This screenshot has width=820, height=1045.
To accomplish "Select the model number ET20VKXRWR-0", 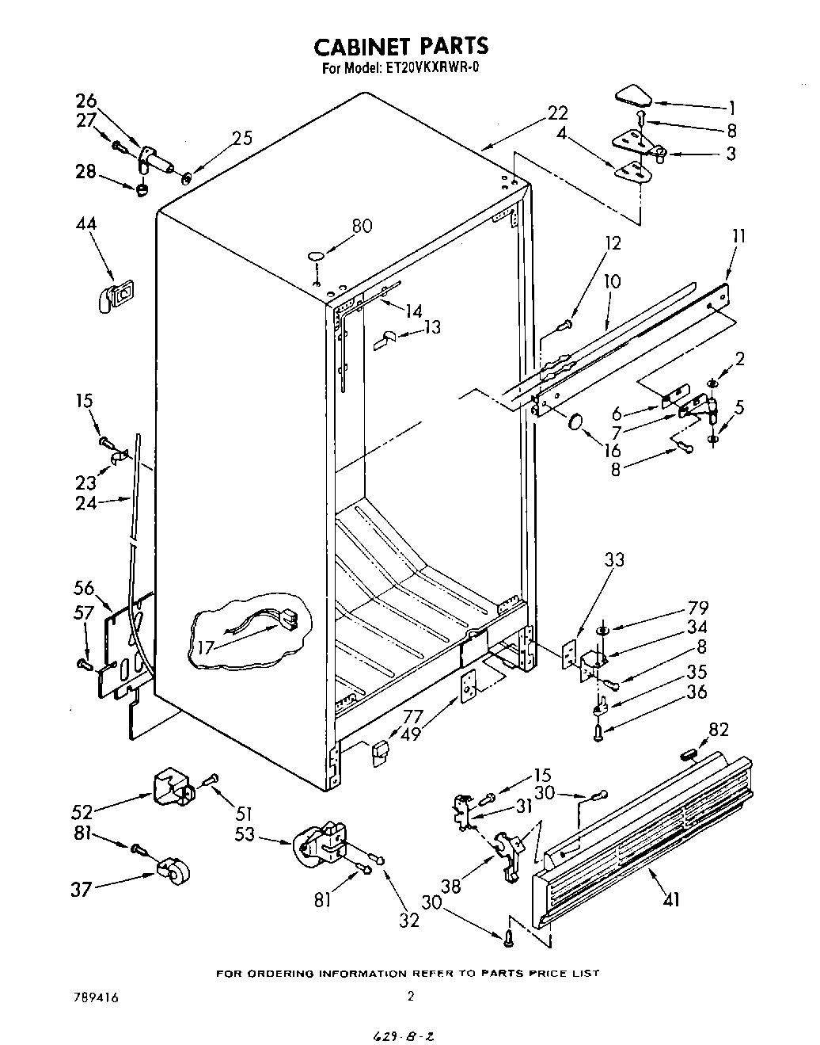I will (x=433, y=68).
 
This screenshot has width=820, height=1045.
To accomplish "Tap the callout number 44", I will (x=86, y=224).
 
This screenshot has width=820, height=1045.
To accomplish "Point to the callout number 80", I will (x=361, y=226).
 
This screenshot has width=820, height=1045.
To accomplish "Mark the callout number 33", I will (x=613, y=560).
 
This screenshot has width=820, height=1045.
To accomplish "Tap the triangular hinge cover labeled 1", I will (x=633, y=97).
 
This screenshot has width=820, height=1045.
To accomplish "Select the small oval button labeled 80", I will (x=316, y=257).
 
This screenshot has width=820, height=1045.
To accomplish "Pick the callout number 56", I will (x=84, y=588).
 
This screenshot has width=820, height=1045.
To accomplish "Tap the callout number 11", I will (x=738, y=235).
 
